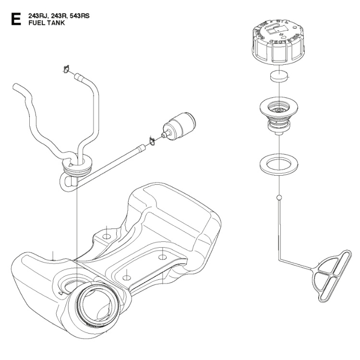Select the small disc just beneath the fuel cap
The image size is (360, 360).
(x=278, y=76)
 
